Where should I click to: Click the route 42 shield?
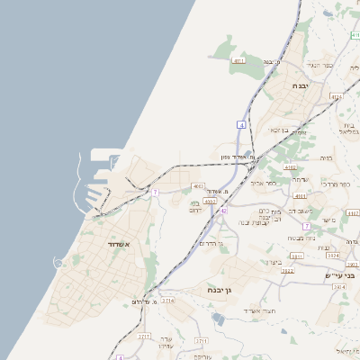coord(223,211)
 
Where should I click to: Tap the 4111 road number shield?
coord(238,60)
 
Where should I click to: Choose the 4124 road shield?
coord(337,95)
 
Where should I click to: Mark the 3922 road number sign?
coord(288,269)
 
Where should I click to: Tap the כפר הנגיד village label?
coord(320,64)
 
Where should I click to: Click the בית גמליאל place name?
coord(349,128)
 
